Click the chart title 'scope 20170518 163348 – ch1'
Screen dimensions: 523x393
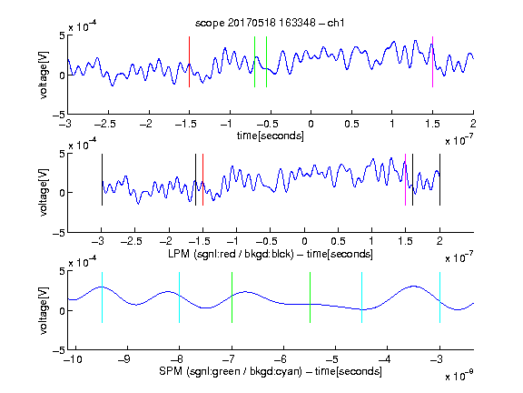point(270,23)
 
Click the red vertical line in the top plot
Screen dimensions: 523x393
point(189,62)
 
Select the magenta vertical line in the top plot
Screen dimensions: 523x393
point(432,62)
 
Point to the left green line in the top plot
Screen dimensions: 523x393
point(254,62)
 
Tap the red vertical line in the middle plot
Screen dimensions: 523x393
point(202,179)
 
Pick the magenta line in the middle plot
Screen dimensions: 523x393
point(405,179)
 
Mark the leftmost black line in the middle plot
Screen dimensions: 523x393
point(102,179)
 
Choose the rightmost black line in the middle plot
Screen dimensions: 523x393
point(439,179)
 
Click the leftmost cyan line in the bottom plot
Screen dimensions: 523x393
point(102,297)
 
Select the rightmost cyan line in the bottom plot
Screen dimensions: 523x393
point(439,297)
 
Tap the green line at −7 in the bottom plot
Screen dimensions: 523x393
point(232,297)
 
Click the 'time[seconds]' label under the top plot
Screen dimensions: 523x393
point(271,136)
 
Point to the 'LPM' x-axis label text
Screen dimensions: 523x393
point(179,254)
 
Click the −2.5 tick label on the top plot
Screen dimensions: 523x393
point(105,124)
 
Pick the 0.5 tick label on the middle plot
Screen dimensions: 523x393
point(338,241)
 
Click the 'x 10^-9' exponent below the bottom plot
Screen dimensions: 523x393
point(459,377)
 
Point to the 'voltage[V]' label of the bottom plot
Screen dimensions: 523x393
point(44,310)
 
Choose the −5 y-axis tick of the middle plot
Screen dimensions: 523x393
point(58,233)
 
